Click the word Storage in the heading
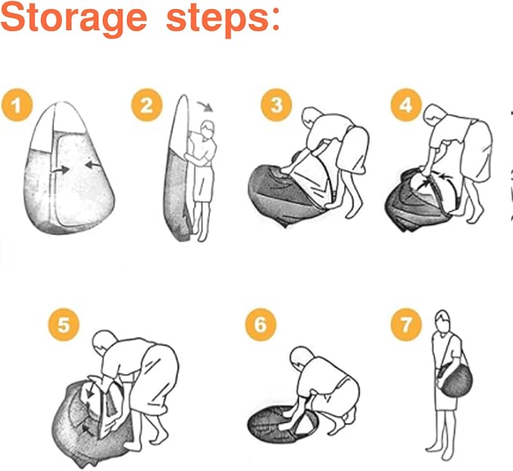(73, 18)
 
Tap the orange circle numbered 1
(17, 106)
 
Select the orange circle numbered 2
(147, 106)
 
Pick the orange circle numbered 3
(276, 106)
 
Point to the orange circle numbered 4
(406, 106)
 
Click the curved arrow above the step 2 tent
(206, 104)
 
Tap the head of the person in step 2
(208, 129)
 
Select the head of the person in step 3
(311, 118)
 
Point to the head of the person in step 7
(442, 321)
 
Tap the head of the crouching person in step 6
(299, 358)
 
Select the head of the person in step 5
(103, 341)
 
